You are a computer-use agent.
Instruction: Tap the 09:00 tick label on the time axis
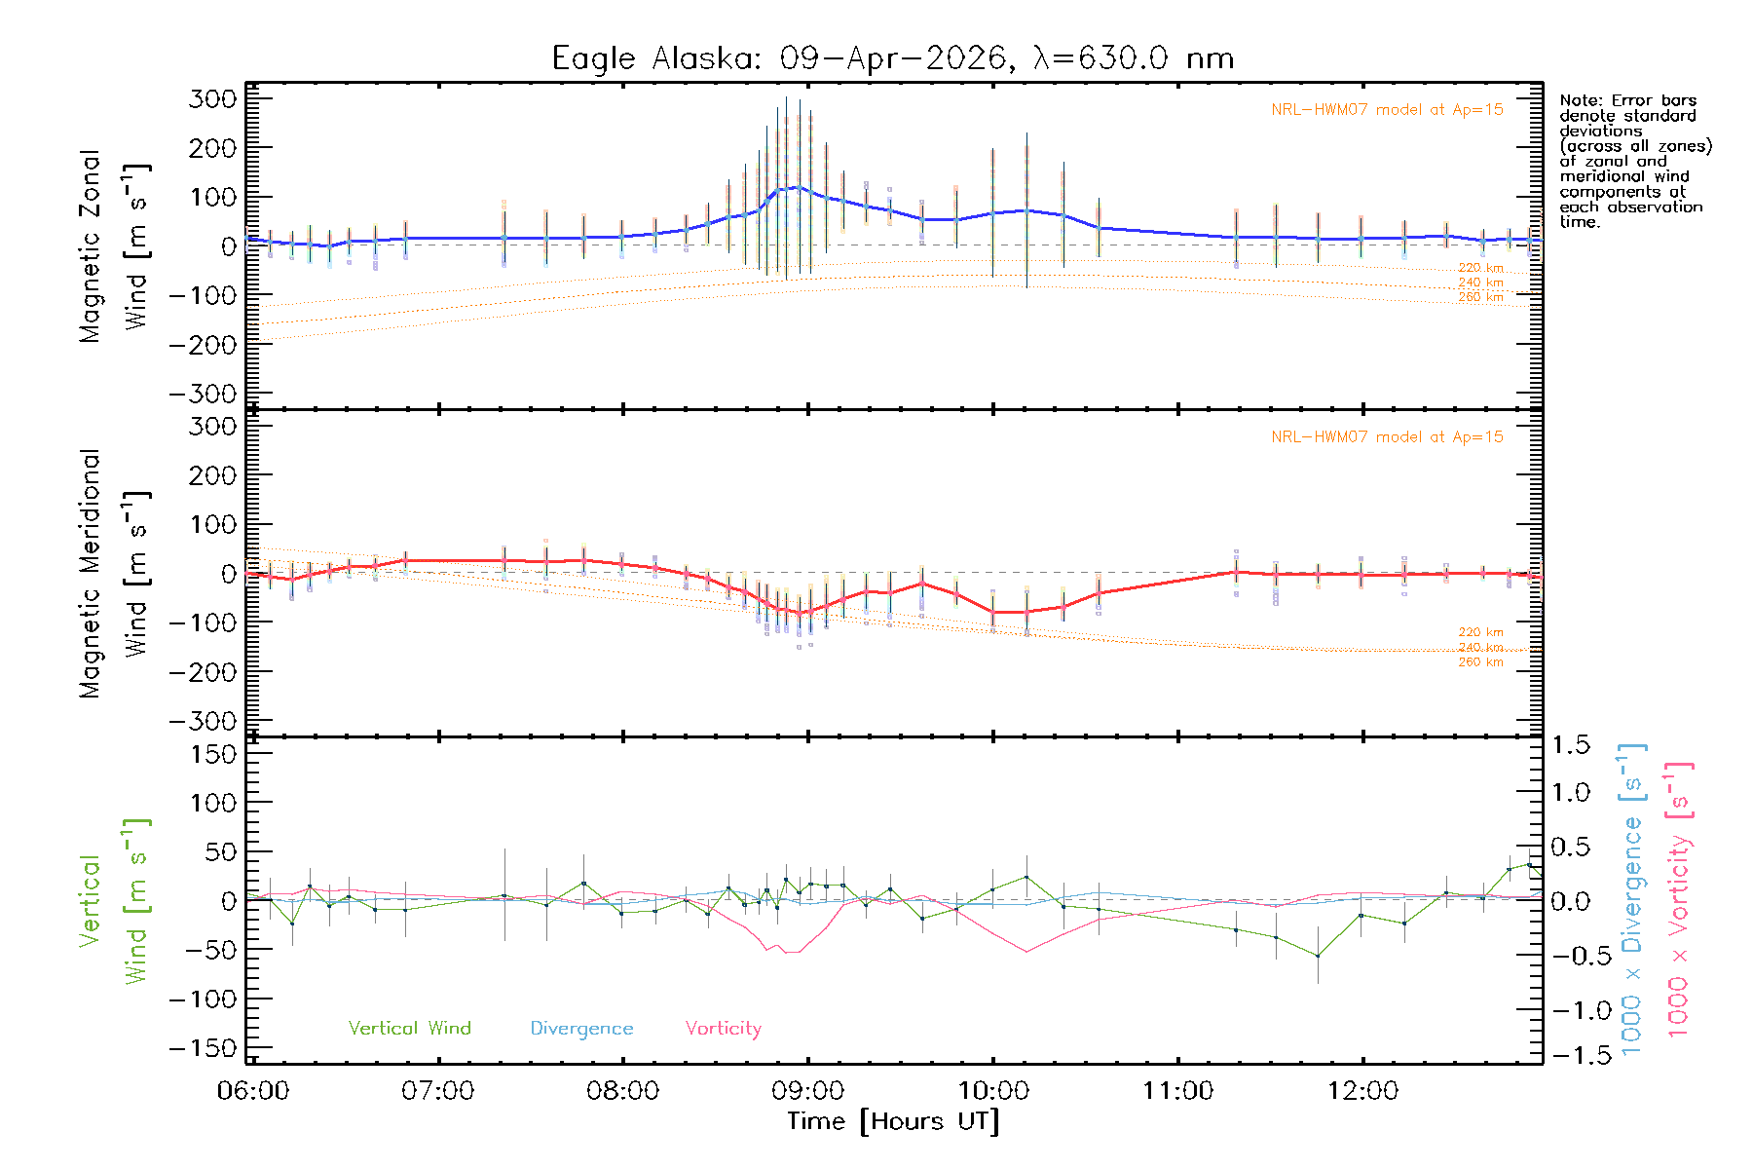[x=808, y=1091]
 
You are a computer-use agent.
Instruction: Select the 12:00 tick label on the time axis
[x=1362, y=1091]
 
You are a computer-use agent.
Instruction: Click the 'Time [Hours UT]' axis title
[x=893, y=1121]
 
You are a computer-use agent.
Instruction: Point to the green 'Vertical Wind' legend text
[x=409, y=1029]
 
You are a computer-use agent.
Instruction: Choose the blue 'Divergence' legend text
[x=581, y=1029]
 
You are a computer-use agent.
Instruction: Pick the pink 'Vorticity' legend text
[x=723, y=1029]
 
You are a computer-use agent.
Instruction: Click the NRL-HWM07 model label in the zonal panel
[x=1387, y=110]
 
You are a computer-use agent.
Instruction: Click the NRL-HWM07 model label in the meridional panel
[x=1387, y=437]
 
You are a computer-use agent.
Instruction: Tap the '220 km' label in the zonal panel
[x=1480, y=268]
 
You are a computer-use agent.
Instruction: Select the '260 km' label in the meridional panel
[x=1480, y=662]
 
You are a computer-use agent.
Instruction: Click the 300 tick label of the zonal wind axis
[x=212, y=98]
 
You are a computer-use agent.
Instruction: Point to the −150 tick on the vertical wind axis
[x=203, y=1048]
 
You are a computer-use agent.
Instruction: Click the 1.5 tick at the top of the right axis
[x=1570, y=745]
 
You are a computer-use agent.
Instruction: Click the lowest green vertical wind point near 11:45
[x=1318, y=956]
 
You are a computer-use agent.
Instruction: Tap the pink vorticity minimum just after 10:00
[x=1026, y=952]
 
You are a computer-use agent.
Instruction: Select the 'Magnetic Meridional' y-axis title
[x=90, y=574]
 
